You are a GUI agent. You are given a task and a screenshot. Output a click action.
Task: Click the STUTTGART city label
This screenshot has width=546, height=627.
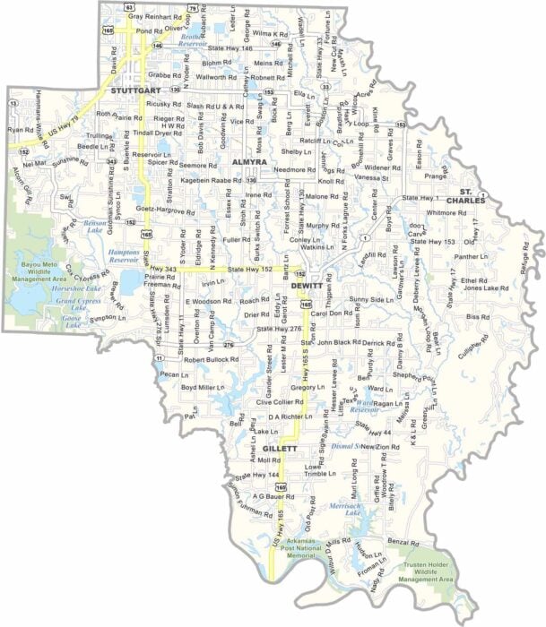point(134,90)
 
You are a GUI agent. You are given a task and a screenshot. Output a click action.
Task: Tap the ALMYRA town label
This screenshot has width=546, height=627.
point(250,161)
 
